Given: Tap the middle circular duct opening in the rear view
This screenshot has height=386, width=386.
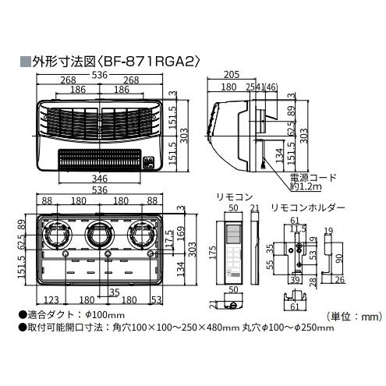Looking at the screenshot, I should pyautogui.click(x=101, y=234).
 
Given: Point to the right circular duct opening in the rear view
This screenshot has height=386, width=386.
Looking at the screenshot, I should pyautogui.click(x=143, y=234).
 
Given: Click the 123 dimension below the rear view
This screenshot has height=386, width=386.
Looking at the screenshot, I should pyautogui.click(x=52, y=299).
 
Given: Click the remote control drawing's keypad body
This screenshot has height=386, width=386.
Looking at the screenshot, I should pyautogui.click(x=232, y=264).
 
